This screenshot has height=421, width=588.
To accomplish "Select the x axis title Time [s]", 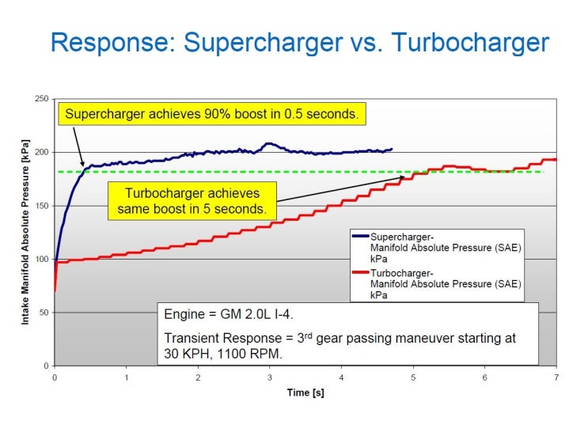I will point(305,392).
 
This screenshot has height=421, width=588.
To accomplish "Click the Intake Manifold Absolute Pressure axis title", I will point(25,231).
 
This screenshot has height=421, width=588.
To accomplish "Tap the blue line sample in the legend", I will point(360,236).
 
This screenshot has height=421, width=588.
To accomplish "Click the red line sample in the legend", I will point(360,271).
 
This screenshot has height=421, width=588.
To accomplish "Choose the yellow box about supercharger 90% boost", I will point(212,114).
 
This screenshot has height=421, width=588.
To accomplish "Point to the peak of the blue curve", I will point(269,144).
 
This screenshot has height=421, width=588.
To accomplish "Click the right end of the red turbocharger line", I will point(556,159).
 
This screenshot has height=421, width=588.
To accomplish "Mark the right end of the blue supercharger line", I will point(391,149).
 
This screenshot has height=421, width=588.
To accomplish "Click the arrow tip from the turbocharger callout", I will point(406,177).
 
